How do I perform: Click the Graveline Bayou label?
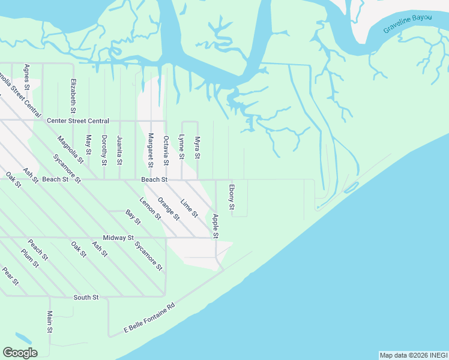pos(408,23)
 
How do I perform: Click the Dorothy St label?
pos(104,149)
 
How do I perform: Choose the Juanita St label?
pos(119,150)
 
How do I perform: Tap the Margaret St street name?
pos(151,149)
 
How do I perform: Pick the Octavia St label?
pos(166,150)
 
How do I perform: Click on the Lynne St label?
pos(181,147)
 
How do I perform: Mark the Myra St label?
pos(197,148)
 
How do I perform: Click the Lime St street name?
pos(189,208)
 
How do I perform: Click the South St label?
pos(86,297)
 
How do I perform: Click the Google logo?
pos(20,353)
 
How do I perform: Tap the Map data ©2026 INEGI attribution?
pos(413,355)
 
